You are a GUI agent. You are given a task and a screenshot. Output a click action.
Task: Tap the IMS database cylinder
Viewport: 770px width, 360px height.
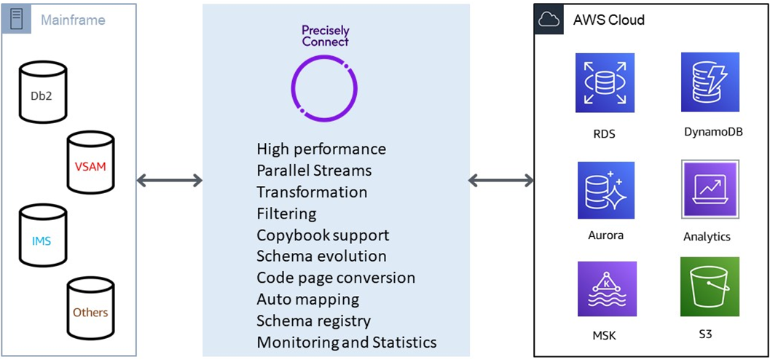(42, 238)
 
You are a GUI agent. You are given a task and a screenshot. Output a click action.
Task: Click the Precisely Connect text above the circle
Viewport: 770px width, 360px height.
(325, 36)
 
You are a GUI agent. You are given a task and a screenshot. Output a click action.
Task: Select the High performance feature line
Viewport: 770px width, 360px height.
(321, 149)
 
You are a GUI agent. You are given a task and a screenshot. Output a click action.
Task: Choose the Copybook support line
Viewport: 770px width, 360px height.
(323, 235)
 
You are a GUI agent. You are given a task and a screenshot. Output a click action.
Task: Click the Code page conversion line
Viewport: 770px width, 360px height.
(336, 278)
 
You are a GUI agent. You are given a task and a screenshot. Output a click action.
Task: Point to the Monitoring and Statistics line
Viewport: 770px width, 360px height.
(347, 342)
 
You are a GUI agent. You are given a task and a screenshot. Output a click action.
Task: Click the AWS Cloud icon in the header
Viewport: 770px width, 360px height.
(549, 20)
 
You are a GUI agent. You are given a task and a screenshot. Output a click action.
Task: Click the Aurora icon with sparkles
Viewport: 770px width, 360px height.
(605, 190)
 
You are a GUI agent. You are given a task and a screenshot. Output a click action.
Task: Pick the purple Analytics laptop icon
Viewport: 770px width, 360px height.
(710, 189)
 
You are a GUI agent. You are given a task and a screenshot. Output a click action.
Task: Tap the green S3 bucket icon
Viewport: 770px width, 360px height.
(710, 287)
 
